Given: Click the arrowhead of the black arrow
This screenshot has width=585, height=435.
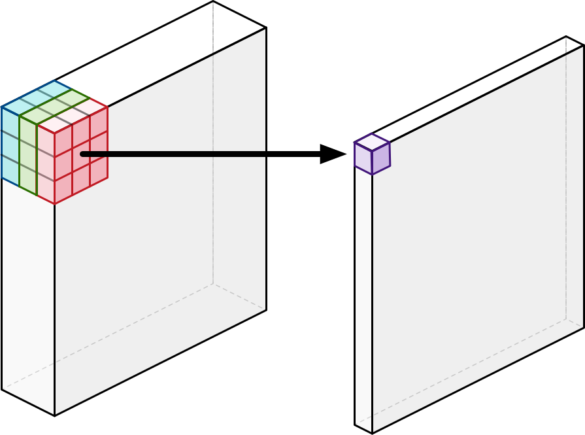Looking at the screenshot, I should click(333, 154).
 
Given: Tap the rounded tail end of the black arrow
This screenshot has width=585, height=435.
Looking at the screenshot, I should click(83, 154).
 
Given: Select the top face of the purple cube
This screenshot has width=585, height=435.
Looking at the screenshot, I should click(371, 142).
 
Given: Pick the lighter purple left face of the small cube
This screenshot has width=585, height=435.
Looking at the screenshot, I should click(363, 158).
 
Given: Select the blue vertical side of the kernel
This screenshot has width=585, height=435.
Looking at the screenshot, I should click(10, 144).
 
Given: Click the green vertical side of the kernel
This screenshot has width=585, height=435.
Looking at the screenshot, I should click(28, 154).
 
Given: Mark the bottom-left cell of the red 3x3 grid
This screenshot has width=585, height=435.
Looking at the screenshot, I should click(63, 190).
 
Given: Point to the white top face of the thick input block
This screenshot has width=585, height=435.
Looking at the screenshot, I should click(163, 52).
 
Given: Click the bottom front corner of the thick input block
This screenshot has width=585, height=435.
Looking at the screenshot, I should click(54, 415).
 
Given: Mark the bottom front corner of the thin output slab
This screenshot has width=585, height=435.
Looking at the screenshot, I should click(373, 433).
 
